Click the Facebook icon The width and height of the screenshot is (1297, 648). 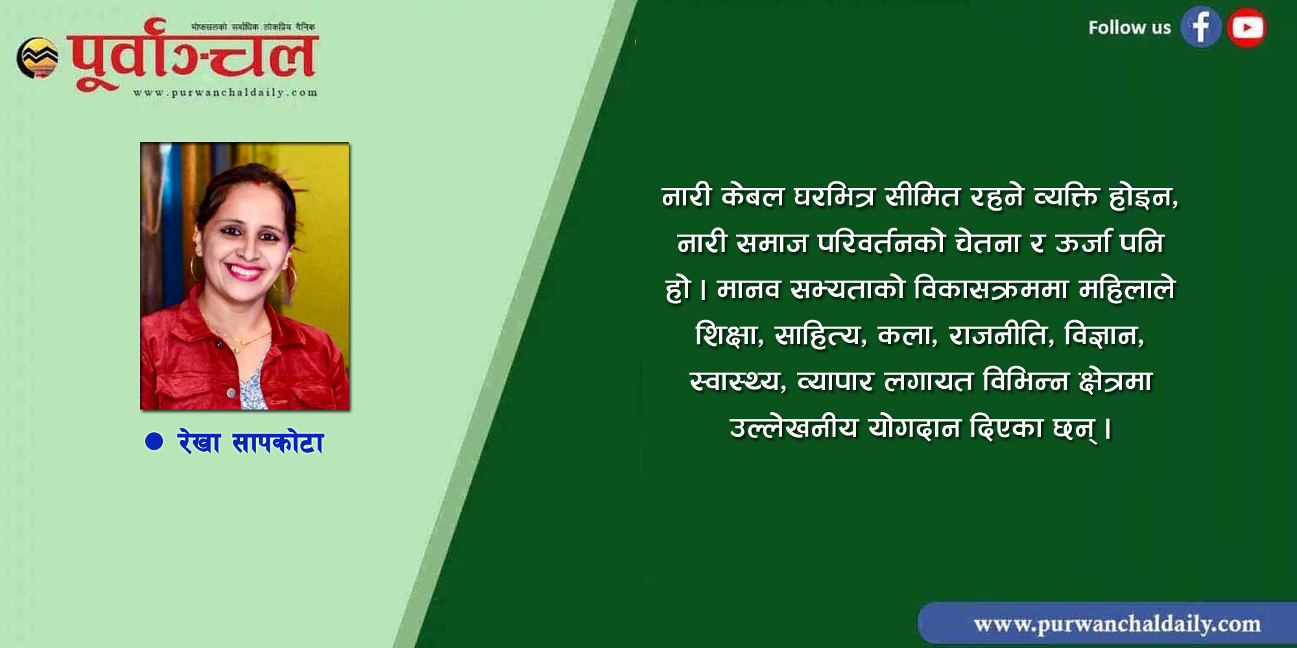coord(1200,27)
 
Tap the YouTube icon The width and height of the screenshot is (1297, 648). coord(1246,27)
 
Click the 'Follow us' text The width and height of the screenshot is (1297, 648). coord(1130,28)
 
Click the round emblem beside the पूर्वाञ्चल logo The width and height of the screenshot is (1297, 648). coord(37,58)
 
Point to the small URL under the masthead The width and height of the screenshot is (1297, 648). coord(226,93)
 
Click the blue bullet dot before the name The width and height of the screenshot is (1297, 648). coord(154,441)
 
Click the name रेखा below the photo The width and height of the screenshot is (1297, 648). coord(199,443)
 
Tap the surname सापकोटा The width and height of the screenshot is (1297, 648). coord(278,443)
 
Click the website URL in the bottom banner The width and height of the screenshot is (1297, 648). coord(1117,624)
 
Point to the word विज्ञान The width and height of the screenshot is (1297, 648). coord(1104,335)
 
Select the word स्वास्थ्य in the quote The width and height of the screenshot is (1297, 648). coord(738,382)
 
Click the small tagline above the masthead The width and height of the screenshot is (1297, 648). coord(254,27)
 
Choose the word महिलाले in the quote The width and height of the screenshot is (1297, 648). coord(1126,288)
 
